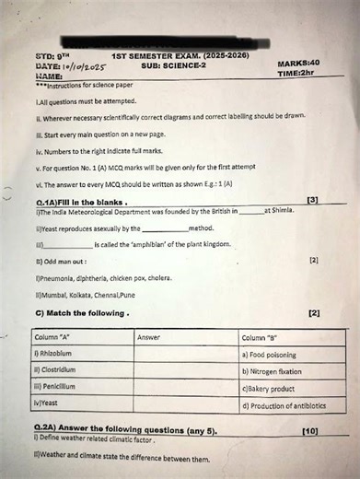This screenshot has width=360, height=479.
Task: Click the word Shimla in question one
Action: point(280,212)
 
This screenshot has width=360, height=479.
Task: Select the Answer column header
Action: point(148,338)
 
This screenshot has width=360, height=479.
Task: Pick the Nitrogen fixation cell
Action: point(275,371)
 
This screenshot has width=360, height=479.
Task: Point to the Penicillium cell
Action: point(54,387)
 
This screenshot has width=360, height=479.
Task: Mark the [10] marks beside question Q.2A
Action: point(309,430)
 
